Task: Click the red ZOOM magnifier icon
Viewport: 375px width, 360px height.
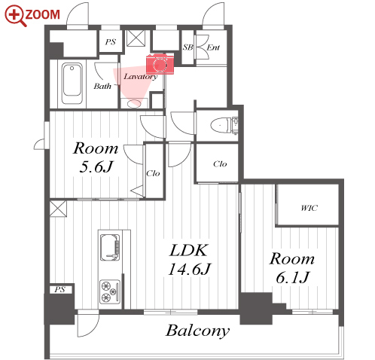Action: click(x=15, y=15)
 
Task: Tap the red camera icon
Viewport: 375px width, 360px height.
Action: click(x=160, y=64)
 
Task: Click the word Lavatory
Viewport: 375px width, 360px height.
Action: click(x=140, y=77)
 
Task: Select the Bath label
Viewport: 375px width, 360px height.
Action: click(x=102, y=86)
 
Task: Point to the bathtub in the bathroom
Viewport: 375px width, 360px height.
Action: click(x=72, y=84)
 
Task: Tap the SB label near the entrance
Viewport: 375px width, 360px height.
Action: click(x=187, y=47)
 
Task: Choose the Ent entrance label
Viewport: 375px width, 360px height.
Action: click(x=213, y=47)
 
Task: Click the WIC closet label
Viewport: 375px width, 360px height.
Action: click(x=309, y=208)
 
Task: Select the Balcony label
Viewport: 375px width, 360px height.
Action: click(x=197, y=331)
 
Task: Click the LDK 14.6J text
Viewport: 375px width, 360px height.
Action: click(x=189, y=260)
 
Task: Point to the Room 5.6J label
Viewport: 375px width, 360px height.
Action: click(x=96, y=157)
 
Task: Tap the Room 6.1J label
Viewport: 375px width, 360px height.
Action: click(x=292, y=268)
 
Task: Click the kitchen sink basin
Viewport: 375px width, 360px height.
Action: click(x=110, y=248)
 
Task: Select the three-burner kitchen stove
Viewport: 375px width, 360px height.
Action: click(x=110, y=291)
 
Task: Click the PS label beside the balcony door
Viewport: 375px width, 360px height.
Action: click(x=59, y=289)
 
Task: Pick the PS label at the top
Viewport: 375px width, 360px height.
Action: click(x=111, y=41)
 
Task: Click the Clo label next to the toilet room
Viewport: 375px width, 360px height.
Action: click(x=220, y=164)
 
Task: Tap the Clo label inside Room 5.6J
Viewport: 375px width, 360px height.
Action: click(x=153, y=173)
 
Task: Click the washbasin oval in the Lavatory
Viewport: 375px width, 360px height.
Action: click(x=134, y=103)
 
